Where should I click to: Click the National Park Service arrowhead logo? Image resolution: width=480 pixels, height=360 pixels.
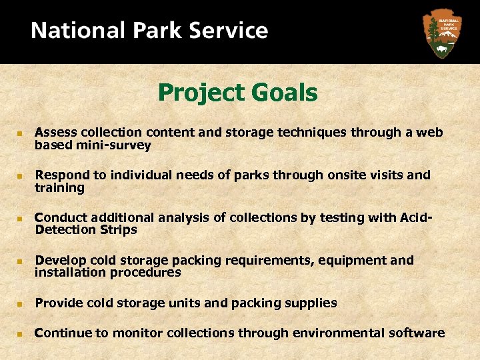[x=441, y=32]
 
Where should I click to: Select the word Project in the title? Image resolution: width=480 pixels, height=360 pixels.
[x=196, y=93]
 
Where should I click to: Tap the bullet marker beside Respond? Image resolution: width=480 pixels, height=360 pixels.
[x=21, y=176]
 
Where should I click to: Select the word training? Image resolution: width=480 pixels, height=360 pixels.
[x=60, y=188]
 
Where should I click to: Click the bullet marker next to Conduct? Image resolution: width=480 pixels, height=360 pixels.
[x=21, y=219]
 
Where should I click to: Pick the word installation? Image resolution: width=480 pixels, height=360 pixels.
[x=69, y=272]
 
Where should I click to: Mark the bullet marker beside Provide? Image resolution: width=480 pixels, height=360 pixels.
[x=21, y=304]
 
